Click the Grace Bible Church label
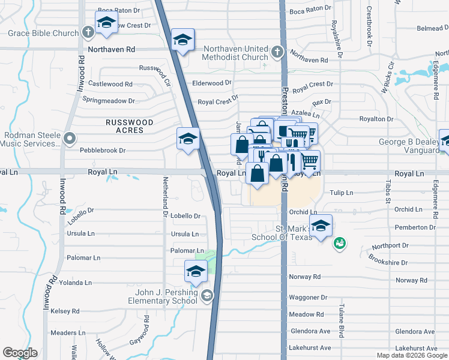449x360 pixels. tap(40, 33)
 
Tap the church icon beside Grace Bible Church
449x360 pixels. tap(88, 32)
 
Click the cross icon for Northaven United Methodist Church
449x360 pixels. tap(277, 52)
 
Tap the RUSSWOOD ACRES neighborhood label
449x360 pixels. tap(129, 126)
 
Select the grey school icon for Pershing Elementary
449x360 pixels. tap(207, 295)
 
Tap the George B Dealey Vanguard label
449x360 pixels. tap(408, 146)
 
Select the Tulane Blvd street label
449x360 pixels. tap(340, 329)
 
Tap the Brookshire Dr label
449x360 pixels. tap(388, 263)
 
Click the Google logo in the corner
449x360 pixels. tap(20, 353)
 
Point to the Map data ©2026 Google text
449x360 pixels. tap(412, 356)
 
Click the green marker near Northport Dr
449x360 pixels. tap(339, 243)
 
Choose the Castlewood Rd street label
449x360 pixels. tap(110, 84)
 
